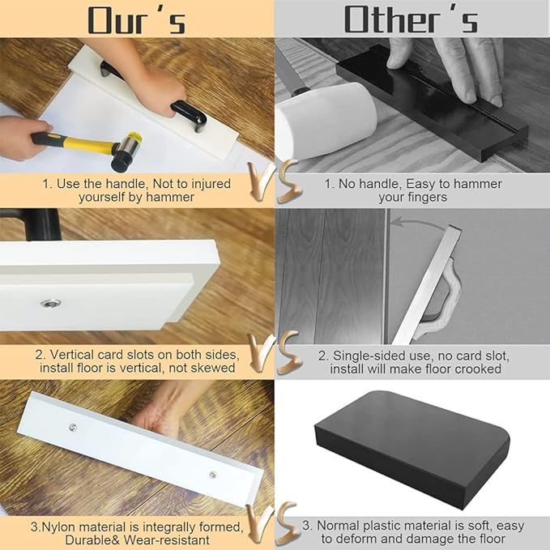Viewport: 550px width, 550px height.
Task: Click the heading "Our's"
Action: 136,19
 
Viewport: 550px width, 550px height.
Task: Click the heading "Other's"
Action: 411,19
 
